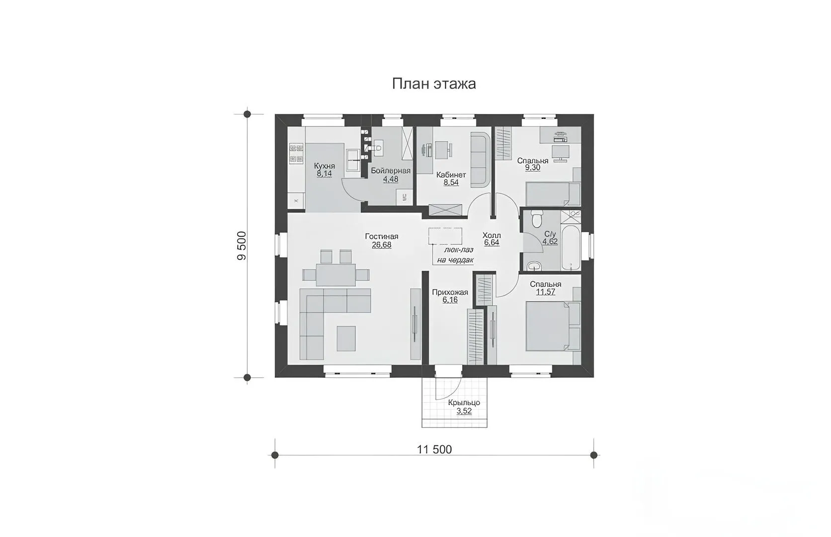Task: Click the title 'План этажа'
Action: click(x=434, y=84)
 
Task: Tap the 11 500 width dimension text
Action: click(x=434, y=449)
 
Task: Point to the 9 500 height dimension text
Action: click(x=242, y=246)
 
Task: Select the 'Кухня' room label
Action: click(x=324, y=166)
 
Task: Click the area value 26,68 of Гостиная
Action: click(x=381, y=245)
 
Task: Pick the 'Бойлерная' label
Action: click(x=391, y=171)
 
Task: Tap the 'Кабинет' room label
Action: click(x=451, y=175)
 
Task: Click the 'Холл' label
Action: click(x=492, y=235)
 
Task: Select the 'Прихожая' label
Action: click(x=450, y=292)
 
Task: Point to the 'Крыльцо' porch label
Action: click(x=464, y=403)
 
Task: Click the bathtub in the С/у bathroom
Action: click(x=571, y=247)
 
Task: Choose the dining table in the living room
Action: click(x=336, y=274)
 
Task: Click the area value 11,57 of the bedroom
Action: click(x=545, y=292)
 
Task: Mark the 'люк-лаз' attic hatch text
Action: click(x=453, y=251)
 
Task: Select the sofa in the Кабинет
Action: click(x=481, y=160)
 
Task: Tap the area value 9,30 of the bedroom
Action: click(x=532, y=168)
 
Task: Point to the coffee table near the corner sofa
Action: click(x=346, y=339)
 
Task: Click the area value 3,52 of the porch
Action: click(x=464, y=411)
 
